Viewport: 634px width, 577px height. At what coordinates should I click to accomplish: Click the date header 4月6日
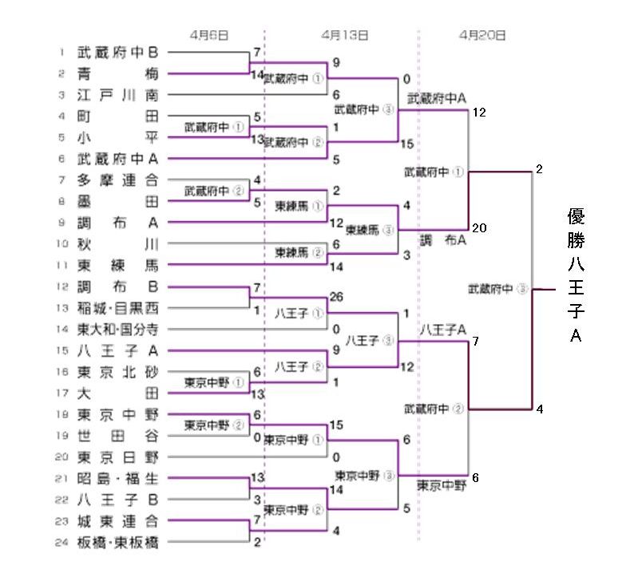(210, 35)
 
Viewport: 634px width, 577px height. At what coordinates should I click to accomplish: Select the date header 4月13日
(346, 35)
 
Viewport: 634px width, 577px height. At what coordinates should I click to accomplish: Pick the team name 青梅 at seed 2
(118, 74)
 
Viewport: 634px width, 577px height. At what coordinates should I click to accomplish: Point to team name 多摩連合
(118, 180)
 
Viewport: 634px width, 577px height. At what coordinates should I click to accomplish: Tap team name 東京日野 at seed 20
(118, 457)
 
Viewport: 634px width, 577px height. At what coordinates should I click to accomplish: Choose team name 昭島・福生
(118, 479)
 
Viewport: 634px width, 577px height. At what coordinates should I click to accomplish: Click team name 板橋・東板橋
(118, 543)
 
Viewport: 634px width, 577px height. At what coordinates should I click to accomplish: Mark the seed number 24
(61, 543)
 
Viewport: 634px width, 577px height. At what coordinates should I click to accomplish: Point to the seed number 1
(61, 53)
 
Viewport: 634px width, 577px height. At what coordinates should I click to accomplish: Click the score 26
(336, 298)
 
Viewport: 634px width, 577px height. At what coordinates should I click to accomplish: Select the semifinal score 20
(479, 227)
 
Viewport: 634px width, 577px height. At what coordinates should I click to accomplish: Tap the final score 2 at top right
(540, 169)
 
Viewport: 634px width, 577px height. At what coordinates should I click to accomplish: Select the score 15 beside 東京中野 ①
(336, 425)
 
